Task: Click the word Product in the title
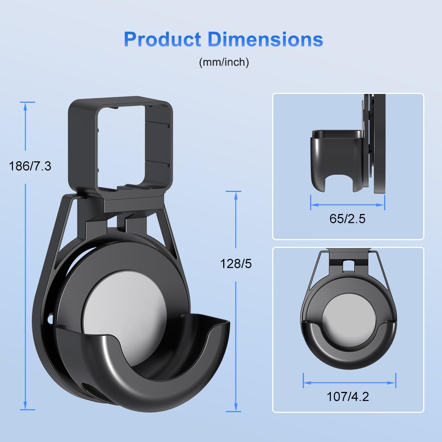(162, 39)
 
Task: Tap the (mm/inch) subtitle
(224, 62)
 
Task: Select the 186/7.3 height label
(30, 166)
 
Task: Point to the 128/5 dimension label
(236, 264)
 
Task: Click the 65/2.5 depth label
(347, 219)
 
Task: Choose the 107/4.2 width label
(348, 396)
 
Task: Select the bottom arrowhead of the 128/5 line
(236, 408)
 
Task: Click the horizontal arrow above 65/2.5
(347, 205)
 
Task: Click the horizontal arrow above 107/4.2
(349, 383)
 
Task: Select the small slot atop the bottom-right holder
(348, 264)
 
